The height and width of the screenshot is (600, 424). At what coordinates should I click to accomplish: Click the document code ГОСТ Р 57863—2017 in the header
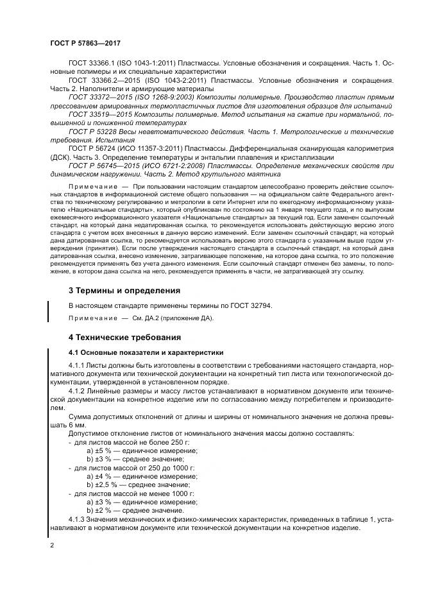[85, 42]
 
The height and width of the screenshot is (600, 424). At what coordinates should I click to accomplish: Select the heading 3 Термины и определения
[124, 290]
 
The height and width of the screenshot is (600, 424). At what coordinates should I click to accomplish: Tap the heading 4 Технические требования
[124, 337]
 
